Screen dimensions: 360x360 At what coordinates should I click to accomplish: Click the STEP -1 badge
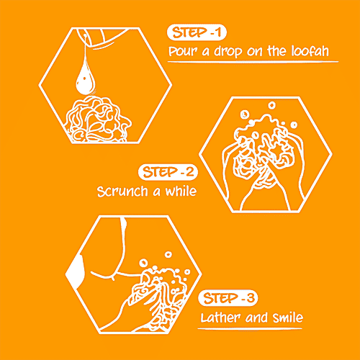(197, 32)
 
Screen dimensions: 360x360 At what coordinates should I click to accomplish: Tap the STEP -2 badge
(168, 172)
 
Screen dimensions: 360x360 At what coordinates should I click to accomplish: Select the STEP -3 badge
(228, 298)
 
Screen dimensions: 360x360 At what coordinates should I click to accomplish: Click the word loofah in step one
(310, 51)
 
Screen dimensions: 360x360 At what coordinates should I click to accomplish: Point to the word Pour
(183, 51)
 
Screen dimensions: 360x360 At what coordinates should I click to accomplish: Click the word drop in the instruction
(228, 52)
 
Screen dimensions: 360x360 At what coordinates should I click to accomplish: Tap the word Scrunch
(122, 192)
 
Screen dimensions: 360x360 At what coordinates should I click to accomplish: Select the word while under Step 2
(181, 192)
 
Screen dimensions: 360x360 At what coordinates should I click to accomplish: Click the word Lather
(220, 318)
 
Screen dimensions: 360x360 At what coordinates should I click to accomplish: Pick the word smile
(288, 318)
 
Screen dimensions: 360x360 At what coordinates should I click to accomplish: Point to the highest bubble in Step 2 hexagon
(271, 105)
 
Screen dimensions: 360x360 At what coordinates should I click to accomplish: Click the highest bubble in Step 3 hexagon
(168, 254)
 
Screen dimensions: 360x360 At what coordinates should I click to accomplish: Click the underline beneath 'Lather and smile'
(250, 328)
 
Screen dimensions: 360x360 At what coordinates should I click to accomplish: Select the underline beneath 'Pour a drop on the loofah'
(253, 62)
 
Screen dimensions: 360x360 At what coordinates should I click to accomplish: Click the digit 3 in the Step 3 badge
(251, 298)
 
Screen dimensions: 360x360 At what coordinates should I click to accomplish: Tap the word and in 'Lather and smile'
(256, 318)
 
